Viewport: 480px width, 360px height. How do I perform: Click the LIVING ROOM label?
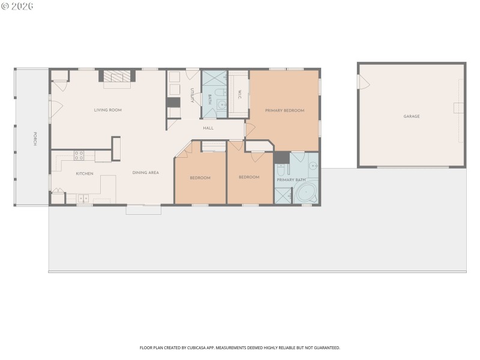108,110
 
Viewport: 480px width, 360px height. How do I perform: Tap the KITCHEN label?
84,173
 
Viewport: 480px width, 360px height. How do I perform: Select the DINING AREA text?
146,173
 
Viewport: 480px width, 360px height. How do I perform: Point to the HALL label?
208,128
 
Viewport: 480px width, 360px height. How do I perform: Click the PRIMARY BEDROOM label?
285,110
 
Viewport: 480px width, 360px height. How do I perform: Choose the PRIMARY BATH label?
290,179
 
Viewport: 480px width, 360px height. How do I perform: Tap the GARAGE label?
412,116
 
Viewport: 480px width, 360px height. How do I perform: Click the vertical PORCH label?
35,139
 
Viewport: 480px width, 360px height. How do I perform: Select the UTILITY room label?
192,95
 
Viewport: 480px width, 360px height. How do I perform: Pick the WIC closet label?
239,95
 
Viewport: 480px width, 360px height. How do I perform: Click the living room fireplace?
117,77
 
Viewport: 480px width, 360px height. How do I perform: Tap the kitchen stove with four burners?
79,155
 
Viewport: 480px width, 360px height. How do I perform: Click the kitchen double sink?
83,198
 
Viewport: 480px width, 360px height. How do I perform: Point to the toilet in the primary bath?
281,169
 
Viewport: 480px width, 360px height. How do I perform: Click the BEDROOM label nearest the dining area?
200,178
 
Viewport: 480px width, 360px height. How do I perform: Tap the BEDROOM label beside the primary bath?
249,177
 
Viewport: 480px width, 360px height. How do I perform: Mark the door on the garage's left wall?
360,82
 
